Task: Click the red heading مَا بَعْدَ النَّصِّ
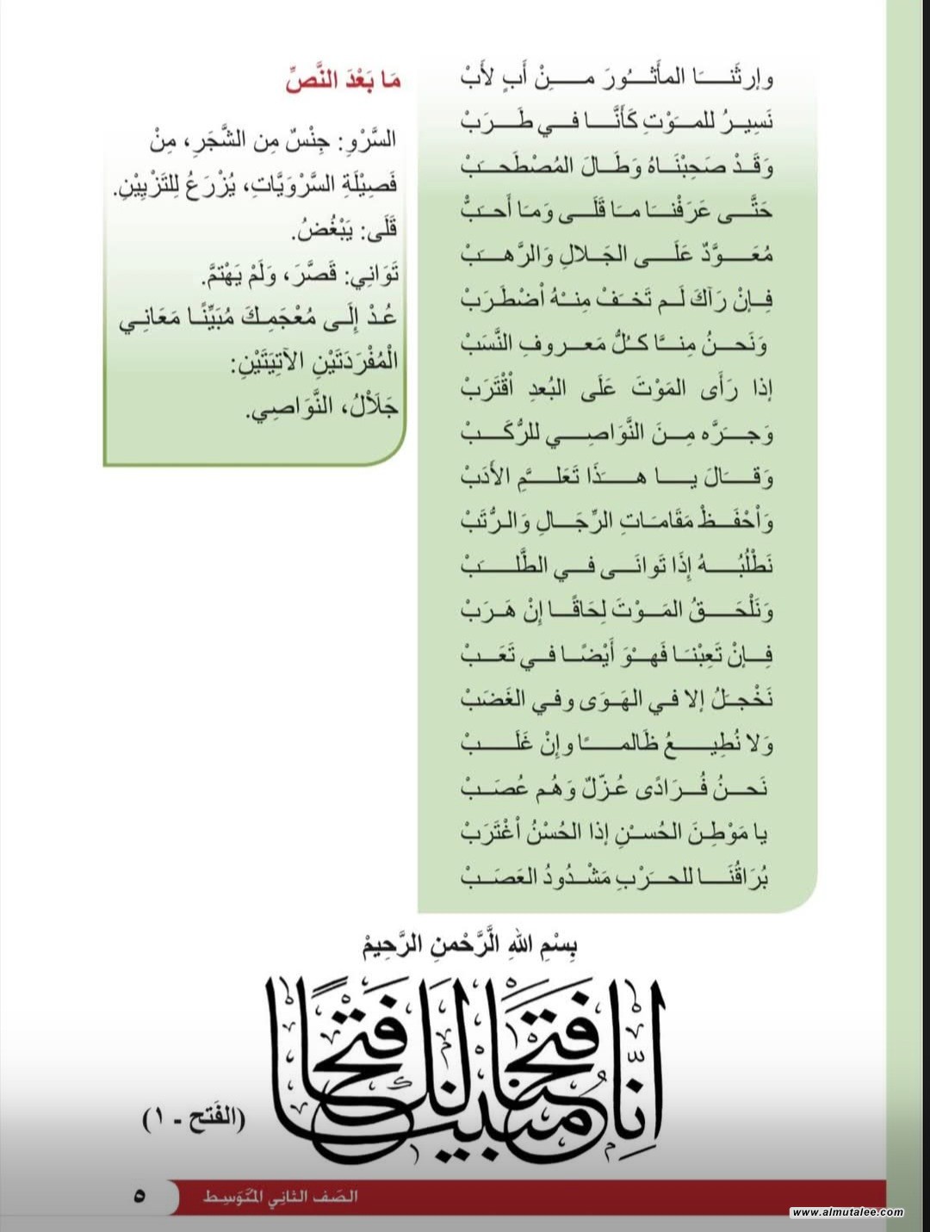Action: pyautogui.click(x=343, y=82)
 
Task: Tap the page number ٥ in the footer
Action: pyautogui.click(x=139, y=1196)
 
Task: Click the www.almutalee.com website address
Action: pyautogui.click(x=847, y=1212)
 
